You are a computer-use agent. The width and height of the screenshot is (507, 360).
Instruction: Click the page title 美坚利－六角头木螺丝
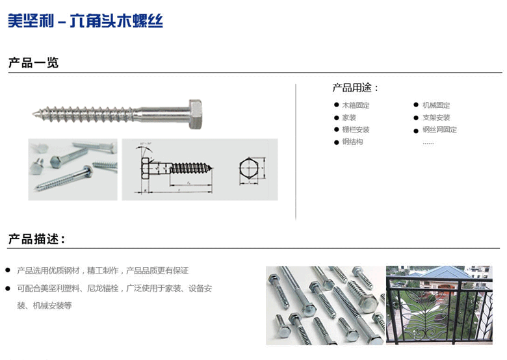[85, 21]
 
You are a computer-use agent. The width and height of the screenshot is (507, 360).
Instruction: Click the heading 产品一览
[33, 63]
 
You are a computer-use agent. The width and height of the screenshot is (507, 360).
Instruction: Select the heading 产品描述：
[36, 239]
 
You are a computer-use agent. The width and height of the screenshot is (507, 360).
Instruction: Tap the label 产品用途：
[355, 88]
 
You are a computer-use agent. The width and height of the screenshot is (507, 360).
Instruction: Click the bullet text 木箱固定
[356, 105]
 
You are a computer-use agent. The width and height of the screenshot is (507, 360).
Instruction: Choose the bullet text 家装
[349, 118]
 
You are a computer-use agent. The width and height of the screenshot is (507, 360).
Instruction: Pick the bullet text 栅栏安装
[356, 130]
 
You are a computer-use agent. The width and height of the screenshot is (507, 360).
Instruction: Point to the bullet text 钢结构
[352, 142]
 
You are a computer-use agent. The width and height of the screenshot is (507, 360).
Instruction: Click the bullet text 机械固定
[436, 105]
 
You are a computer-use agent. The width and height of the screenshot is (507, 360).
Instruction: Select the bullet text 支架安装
[436, 118]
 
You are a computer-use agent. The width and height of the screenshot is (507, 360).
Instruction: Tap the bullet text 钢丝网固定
[439, 130]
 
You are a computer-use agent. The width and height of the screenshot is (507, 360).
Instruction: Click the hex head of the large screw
[195, 114]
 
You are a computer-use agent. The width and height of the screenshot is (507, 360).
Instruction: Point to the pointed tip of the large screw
[34, 116]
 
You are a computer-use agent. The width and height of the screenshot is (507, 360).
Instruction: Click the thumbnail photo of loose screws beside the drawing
[73, 169]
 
